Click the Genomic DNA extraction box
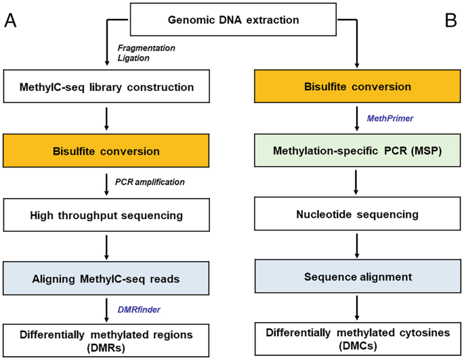coord(233,20)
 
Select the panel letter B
coord(451,20)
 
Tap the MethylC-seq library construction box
coord(107,87)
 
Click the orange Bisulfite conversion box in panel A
coord(107,151)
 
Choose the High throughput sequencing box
coord(107,215)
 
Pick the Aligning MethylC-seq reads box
coord(107,279)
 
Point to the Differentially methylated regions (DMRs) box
coord(107,340)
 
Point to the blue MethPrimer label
coord(390,118)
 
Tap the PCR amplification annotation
coord(150,182)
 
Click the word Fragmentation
coord(146,48)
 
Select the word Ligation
coord(134,58)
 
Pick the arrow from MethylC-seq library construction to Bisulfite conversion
coord(107,119)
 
